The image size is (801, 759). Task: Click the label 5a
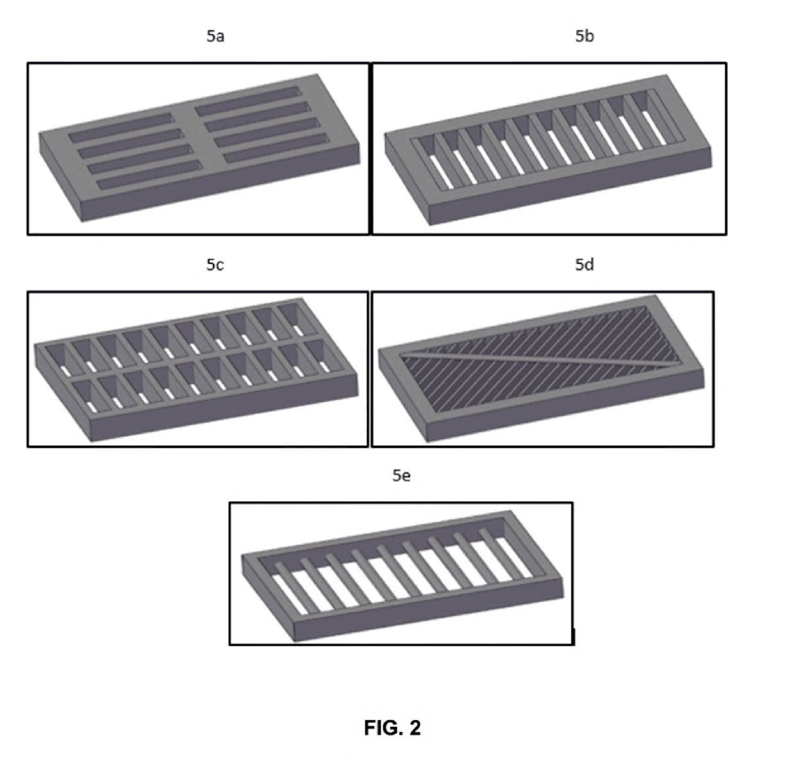(215, 37)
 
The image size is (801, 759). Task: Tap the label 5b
(584, 37)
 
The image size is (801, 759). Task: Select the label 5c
(215, 265)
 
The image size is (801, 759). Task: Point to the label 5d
(584, 265)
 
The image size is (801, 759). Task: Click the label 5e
(401, 475)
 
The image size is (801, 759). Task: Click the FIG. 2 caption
(392, 728)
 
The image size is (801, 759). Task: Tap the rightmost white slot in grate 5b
(654, 128)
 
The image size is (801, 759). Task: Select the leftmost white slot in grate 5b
(441, 172)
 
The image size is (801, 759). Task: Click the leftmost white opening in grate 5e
(290, 594)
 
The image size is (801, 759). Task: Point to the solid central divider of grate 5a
(198, 135)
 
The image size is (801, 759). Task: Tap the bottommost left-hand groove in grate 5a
(150, 175)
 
